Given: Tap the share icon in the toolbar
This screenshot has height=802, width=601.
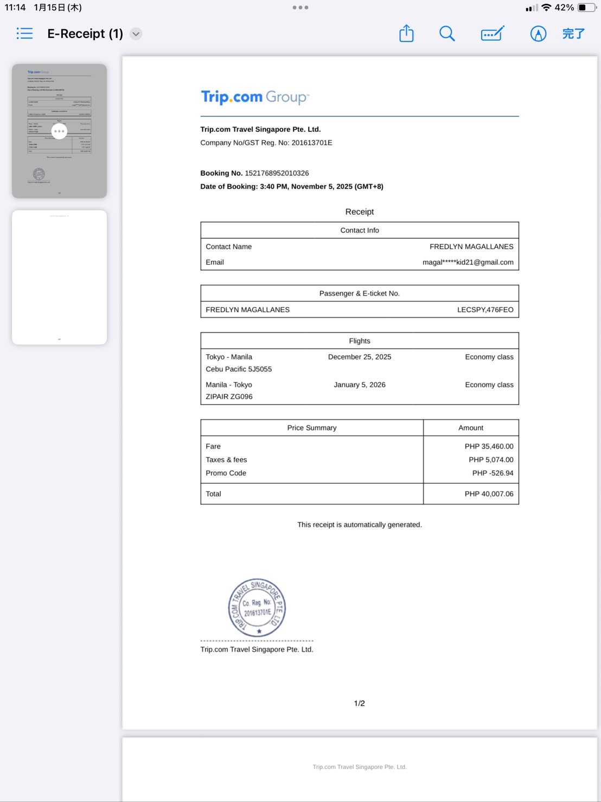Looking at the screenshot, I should click(x=406, y=34).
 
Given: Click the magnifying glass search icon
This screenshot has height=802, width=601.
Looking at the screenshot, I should click(x=447, y=34).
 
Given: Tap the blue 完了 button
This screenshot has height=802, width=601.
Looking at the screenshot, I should click(x=573, y=34).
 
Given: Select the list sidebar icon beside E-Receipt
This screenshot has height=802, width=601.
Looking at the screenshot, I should click(x=25, y=34).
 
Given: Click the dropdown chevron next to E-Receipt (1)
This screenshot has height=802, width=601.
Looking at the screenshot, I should click(x=136, y=34).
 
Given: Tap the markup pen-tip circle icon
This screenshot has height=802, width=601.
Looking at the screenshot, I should click(x=538, y=34).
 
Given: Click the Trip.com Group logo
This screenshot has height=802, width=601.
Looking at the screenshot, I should click(x=255, y=97).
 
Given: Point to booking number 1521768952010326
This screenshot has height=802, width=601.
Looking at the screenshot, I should click(x=277, y=173).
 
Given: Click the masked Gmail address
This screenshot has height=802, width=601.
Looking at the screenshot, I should click(x=468, y=262).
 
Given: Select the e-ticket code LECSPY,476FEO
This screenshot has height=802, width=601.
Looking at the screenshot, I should click(x=485, y=310).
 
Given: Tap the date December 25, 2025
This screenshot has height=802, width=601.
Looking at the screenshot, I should click(x=360, y=357).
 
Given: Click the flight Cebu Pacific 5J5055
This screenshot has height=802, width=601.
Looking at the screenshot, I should click(x=239, y=369).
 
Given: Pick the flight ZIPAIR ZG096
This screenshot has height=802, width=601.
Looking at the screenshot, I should click(x=229, y=397).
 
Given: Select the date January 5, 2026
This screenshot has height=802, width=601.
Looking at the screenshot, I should click(x=360, y=384).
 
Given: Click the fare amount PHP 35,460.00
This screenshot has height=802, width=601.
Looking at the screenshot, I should click(x=489, y=446).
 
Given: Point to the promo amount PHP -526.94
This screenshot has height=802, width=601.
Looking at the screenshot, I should click(x=493, y=473).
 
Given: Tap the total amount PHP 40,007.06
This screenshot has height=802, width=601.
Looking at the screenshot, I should click(x=489, y=494).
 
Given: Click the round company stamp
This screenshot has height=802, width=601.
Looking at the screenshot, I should click(x=257, y=608).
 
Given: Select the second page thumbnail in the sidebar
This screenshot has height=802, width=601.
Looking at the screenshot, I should click(x=60, y=277).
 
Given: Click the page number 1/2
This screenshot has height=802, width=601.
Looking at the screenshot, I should click(x=359, y=703).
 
